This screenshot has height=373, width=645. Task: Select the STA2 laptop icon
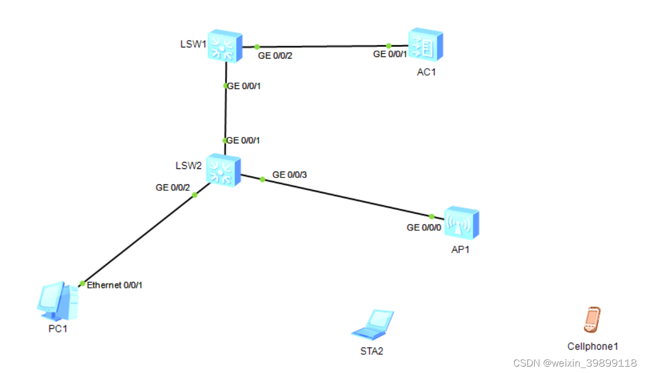coord(373,325)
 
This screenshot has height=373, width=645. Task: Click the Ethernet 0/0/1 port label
coord(115,285)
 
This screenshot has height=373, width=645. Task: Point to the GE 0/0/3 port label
coord(289,174)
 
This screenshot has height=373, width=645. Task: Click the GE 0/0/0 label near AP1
coord(424,228)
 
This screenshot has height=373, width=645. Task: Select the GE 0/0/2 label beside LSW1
coord(276,55)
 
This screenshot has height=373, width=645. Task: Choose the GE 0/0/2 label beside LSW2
coord(173,188)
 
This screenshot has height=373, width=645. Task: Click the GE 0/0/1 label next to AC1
coord(390,54)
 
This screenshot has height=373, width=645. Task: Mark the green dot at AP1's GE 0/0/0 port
coord(432,216)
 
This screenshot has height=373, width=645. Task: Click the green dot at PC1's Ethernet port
coord(82,283)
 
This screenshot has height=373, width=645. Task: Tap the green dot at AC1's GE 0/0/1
coord(389,46)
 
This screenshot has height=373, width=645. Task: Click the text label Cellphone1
coord(593,346)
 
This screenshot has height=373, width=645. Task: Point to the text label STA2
coord(372,351)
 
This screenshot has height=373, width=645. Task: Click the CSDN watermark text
coord(575,363)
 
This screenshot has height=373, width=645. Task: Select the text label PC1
coord(58,329)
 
